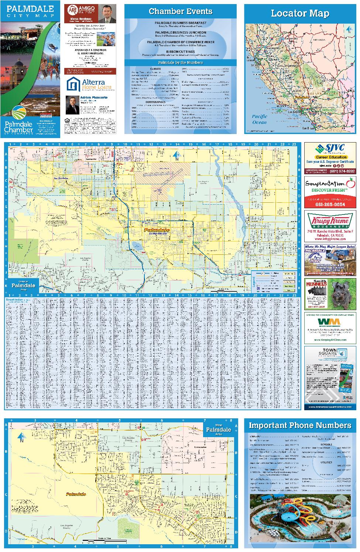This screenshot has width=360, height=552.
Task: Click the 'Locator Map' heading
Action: (300, 14)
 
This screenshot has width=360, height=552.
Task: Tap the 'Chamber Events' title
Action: (181, 11)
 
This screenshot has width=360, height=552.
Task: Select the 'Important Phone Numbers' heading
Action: (300, 425)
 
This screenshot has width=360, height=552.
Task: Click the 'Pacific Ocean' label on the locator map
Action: (259, 119)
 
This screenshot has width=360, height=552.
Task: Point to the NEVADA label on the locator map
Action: (319, 40)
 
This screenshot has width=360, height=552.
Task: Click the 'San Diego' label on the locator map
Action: (309, 128)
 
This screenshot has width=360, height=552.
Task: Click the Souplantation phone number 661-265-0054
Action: (330, 204)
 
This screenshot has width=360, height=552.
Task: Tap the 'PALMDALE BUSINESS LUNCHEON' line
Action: (181, 32)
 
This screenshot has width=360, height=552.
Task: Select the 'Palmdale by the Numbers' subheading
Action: (181, 63)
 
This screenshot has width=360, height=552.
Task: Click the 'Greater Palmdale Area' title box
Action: (23, 285)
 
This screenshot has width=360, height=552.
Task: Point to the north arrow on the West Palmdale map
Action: (22, 436)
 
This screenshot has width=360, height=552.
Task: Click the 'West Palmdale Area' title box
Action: (218, 429)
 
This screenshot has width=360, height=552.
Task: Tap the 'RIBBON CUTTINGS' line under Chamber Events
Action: (181, 52)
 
